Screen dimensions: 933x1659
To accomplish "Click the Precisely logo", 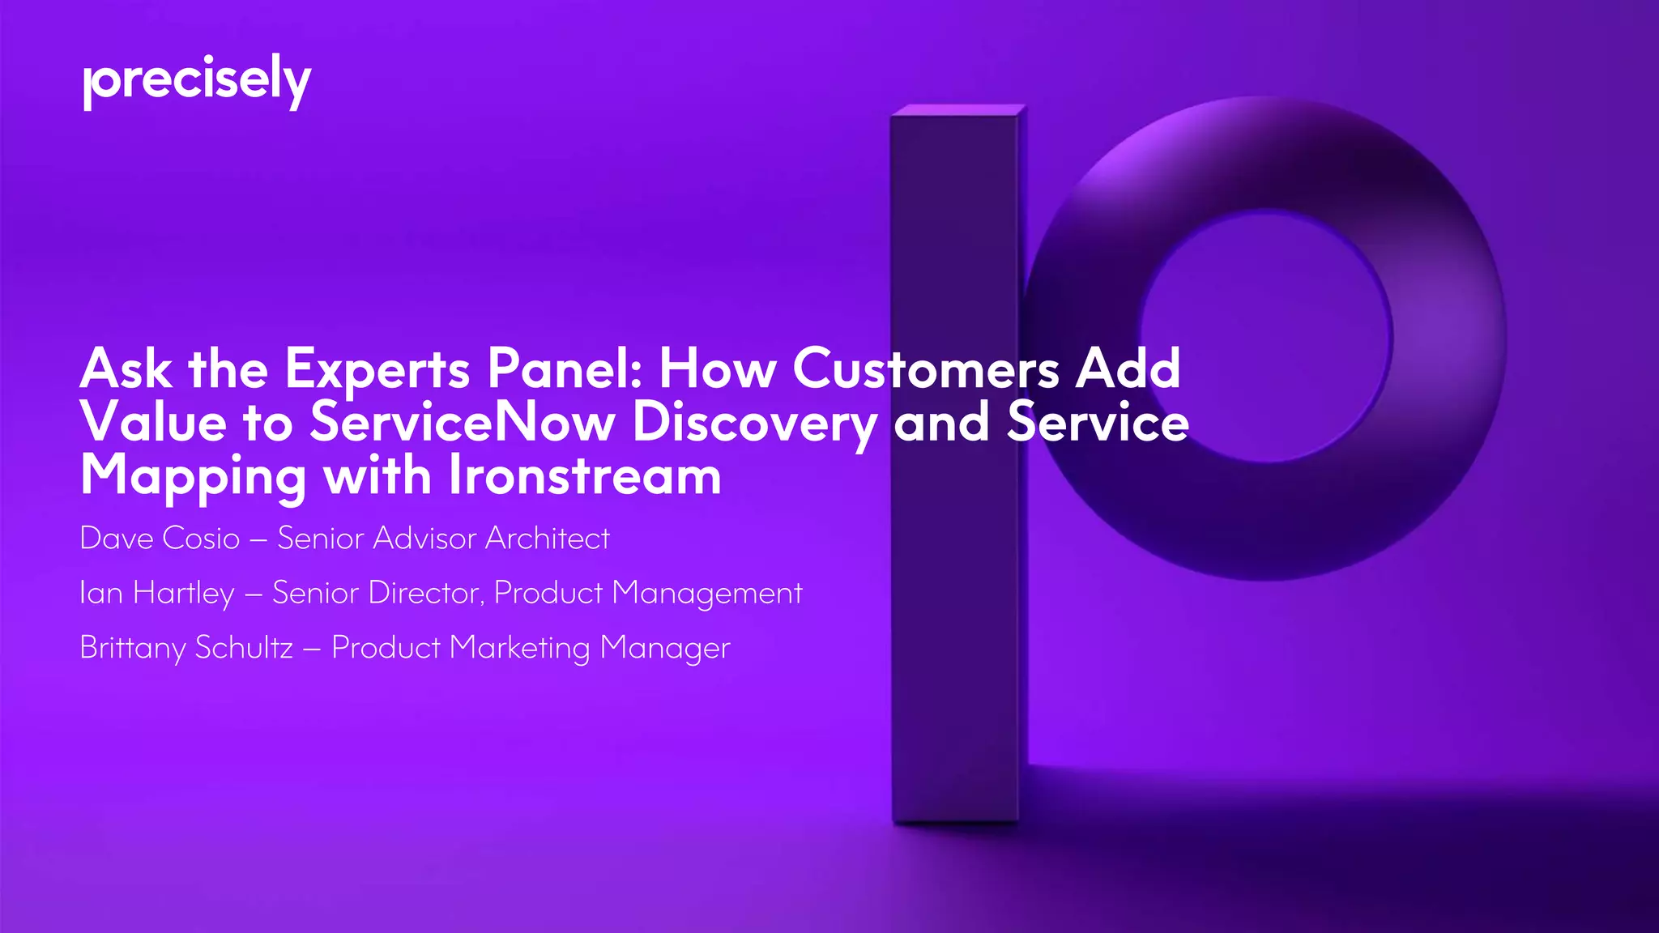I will (x=197, y=82).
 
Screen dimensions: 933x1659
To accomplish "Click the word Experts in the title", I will (x=377, y=369).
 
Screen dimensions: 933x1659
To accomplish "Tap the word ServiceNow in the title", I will (x=462, y=423).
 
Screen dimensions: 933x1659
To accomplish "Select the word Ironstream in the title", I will (x=584, y=475).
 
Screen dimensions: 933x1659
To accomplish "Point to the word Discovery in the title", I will (x=754, y=423).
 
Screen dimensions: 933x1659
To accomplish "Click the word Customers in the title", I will (x=926, y=369).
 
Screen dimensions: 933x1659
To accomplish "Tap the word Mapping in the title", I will (x=193, y=477).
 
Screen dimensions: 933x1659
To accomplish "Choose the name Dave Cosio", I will (x=160, y=539).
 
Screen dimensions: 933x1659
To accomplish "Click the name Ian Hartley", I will (x=157, y=593).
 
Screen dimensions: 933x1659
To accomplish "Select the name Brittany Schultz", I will (x=186, y=648).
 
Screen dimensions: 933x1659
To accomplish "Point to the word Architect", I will (x=547, y=539).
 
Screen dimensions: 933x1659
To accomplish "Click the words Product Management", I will (x=648, y=594).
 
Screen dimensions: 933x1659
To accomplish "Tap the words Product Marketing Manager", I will (x=531, y=648).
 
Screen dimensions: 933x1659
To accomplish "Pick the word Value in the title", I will (x=153, y=423).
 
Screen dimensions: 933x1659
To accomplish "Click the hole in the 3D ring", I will (x=1266, y=336).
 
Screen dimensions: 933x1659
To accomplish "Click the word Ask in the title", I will (x=126, y=369).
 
